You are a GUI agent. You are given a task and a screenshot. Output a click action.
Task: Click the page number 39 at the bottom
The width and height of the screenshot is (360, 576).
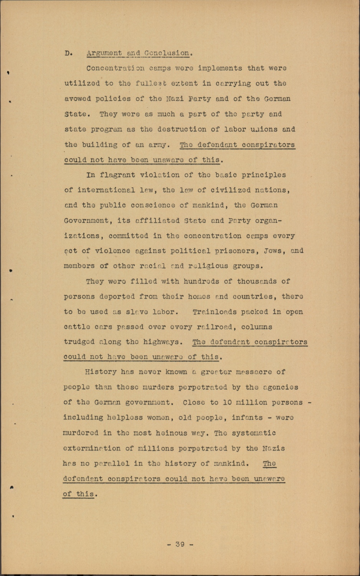180,544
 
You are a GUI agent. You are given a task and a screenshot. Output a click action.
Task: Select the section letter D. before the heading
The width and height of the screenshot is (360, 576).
68,53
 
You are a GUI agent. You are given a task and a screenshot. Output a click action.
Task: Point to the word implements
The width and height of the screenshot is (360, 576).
220,68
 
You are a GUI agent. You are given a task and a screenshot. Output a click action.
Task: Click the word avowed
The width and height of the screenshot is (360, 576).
78,99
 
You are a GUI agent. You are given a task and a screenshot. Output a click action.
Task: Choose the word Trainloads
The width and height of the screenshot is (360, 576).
215,312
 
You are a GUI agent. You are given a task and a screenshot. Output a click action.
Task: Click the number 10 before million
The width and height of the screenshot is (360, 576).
227,402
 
